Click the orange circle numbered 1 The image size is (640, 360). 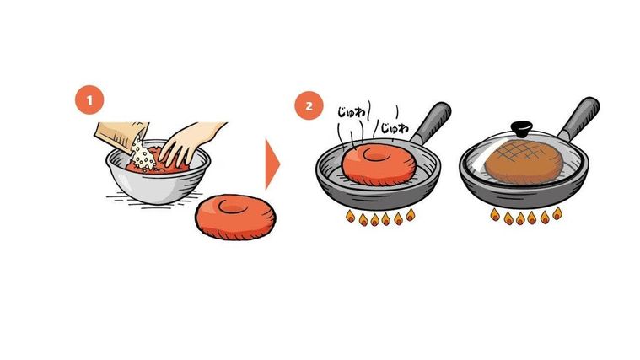(89, 101)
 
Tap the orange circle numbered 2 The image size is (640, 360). (308, 106)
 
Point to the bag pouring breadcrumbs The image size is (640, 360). (118, 135)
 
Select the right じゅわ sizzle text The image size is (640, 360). (393, 129)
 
